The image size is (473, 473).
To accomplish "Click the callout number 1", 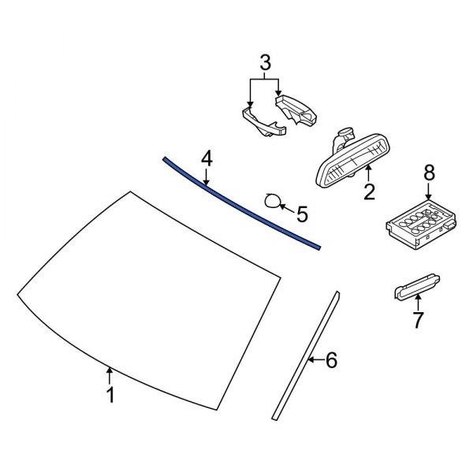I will click(x=110, y=394).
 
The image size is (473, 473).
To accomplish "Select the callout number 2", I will click(x=368, y=191).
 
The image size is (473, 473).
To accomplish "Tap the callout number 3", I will click(x=265, y=61).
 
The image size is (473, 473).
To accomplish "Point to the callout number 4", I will click(x=206, y=159).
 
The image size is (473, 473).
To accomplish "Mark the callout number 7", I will click(x=418, y=320).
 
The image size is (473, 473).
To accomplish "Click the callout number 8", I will click(x=429, y=172).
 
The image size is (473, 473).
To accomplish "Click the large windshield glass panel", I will click(x=150, y=300).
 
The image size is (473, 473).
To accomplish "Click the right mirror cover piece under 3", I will click(x=298, y=108).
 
